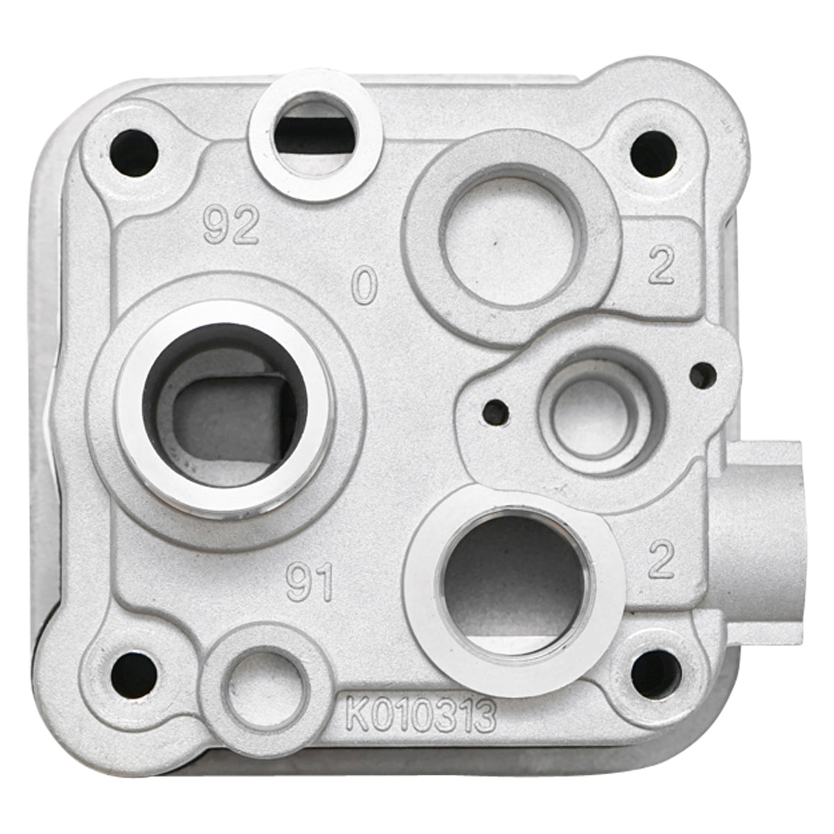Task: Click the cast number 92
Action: [231, 226]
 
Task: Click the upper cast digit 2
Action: [661, 267]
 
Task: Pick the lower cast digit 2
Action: [660, 561]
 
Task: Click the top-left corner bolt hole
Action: [134, 152]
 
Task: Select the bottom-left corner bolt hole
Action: [133, 675]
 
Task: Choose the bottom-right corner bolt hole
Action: [656, 673]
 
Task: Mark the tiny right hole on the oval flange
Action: [703, 375]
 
